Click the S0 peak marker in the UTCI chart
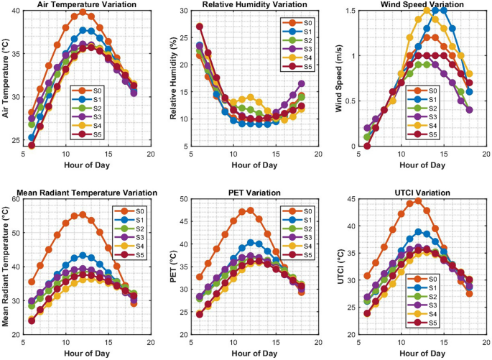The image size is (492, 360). coord(418,200)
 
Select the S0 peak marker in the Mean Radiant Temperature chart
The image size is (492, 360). coord(83,214)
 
